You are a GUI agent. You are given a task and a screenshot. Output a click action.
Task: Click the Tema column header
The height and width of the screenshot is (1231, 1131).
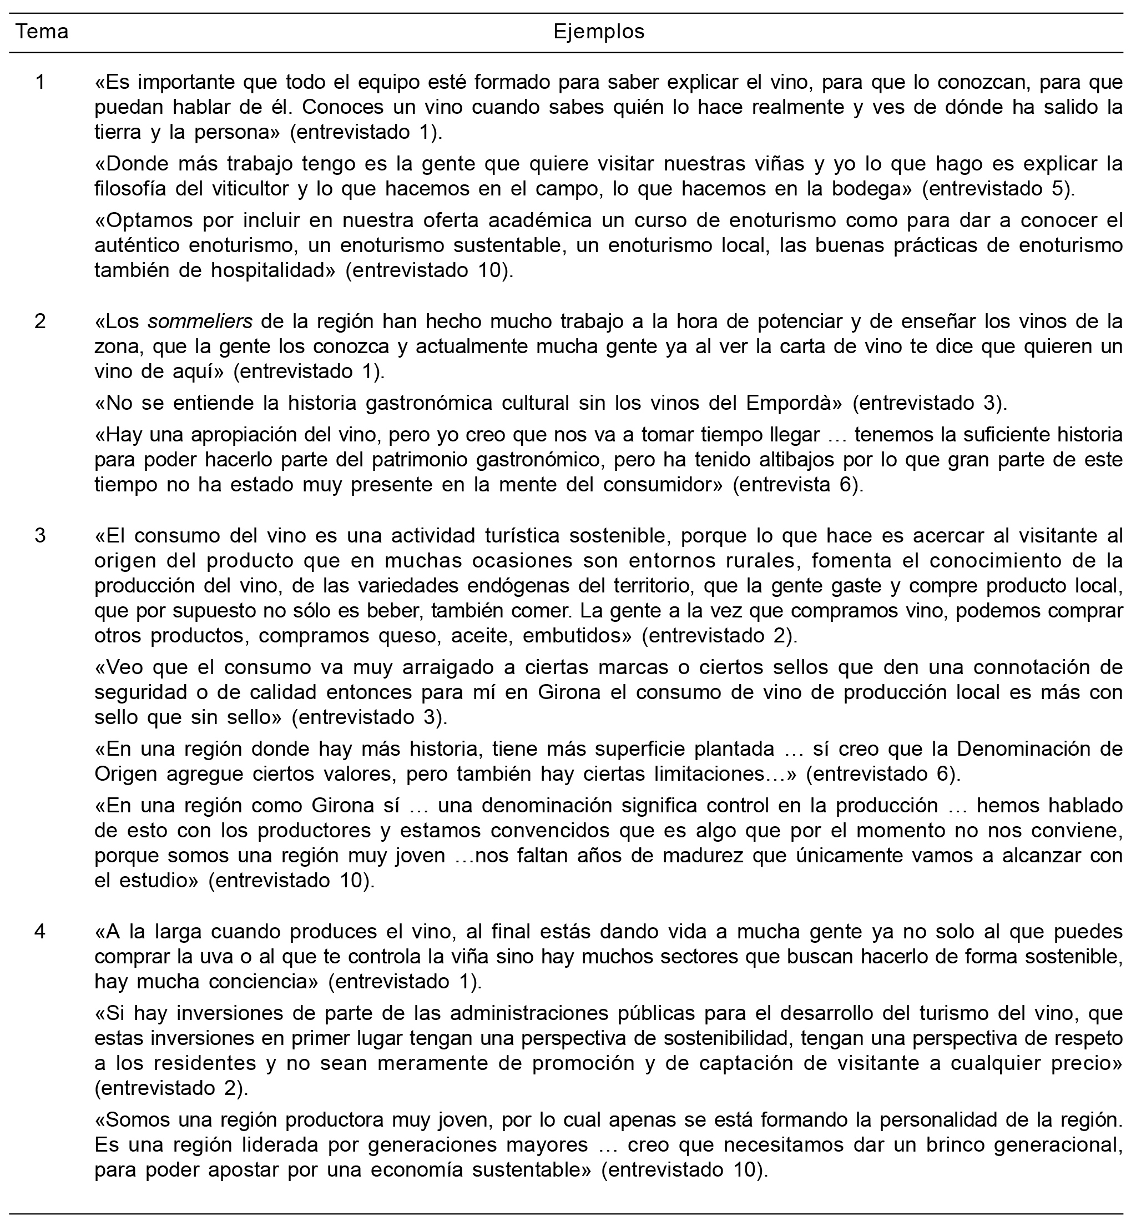pos(42,32)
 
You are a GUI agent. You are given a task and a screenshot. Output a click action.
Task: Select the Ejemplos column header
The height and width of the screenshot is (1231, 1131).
pos(599,32)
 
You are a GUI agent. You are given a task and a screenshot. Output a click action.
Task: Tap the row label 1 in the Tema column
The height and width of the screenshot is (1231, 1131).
pos(41,82)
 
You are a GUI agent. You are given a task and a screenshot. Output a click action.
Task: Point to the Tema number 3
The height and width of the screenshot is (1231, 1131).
pos(41,535)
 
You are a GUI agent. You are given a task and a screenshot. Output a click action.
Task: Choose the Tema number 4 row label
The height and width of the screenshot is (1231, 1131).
pos(41,932)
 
